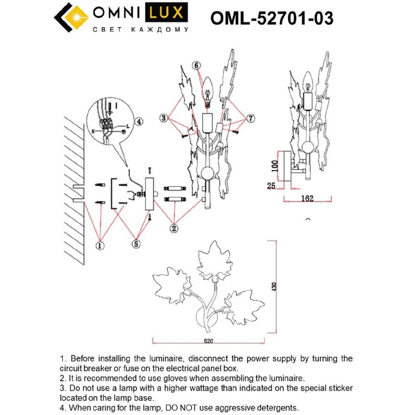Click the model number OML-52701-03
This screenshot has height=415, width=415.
272,18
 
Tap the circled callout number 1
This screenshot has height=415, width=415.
100,246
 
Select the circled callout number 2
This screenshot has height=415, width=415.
174,228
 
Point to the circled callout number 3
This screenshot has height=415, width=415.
164,118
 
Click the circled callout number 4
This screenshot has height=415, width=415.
138,121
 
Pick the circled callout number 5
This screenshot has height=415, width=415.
136,244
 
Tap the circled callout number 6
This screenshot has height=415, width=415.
196,65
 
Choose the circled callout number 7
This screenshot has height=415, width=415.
251,118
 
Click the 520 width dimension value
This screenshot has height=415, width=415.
208,341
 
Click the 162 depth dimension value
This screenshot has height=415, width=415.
307,199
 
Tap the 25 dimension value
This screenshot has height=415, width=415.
271,186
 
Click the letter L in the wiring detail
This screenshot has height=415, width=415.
127,126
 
